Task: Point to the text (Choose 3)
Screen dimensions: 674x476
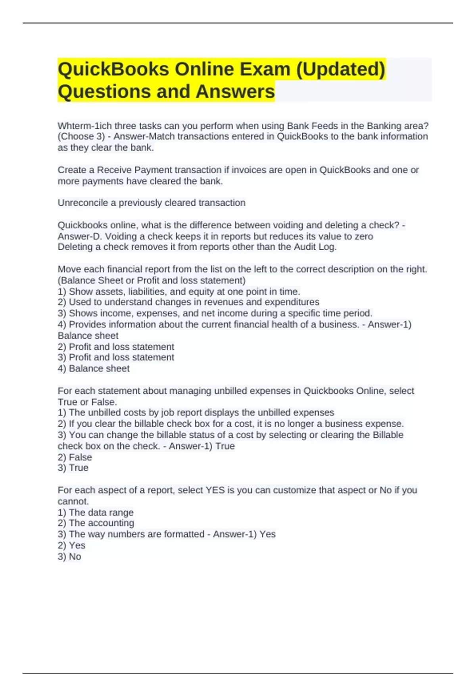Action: point(81,137)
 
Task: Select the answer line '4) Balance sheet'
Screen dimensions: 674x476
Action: point(94,368)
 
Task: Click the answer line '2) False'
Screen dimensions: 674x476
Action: point(75,457)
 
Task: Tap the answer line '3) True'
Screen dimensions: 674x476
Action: point(73,468)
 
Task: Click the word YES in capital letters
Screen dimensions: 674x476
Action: point(215,490)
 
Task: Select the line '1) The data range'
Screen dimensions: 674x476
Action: point(96,512)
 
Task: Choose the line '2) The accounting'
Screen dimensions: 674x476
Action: point(96,523)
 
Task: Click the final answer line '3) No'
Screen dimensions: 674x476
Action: point(69,556)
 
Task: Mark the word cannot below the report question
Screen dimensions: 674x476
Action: point(73,501)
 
